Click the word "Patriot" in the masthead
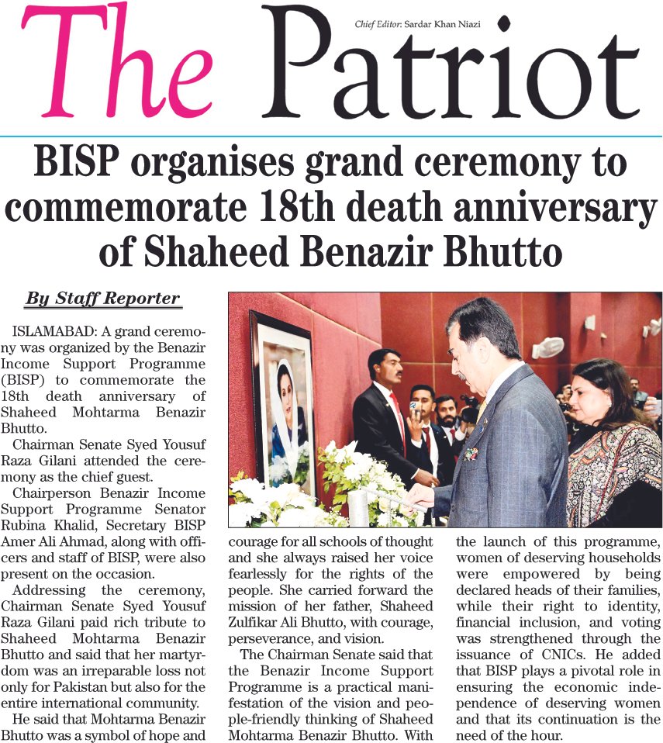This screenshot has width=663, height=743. point(450,70)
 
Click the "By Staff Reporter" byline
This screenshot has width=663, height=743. point(102,299)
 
